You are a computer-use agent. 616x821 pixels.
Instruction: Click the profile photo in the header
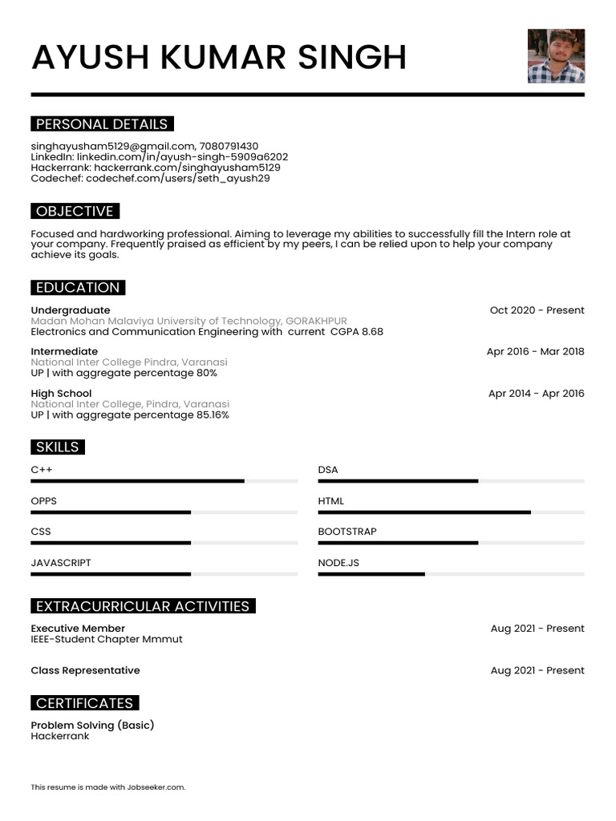(556, 56)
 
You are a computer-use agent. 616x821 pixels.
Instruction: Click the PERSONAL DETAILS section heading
(102, 124)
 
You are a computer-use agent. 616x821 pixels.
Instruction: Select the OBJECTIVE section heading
(75, 212)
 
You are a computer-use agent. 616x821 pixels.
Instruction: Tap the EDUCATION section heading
(78, 288)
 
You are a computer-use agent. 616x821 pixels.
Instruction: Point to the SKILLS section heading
(57, 447)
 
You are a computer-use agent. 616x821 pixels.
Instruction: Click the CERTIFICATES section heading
(84, 703)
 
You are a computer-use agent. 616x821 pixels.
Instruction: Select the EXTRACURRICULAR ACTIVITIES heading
(143, 606)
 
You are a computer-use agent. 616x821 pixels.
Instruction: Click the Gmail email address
(112, 146)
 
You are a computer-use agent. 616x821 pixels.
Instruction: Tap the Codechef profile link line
(150, 179)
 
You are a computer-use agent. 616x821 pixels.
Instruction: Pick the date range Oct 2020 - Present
(537, 310)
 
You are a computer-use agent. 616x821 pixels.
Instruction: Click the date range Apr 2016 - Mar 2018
(535, 351)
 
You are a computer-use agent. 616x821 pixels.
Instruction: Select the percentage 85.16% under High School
(213, 415)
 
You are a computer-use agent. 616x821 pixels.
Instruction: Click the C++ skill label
(42, 470)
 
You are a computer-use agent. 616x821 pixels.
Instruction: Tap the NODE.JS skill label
(338, 563)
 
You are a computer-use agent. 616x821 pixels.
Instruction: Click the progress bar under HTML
(424, 512)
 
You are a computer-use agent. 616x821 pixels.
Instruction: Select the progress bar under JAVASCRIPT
(111, 574)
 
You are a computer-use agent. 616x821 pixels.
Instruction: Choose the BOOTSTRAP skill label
(346, 532)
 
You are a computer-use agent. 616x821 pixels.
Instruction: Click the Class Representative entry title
(85, 670)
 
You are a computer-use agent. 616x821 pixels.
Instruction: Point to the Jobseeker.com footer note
(107, 787)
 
